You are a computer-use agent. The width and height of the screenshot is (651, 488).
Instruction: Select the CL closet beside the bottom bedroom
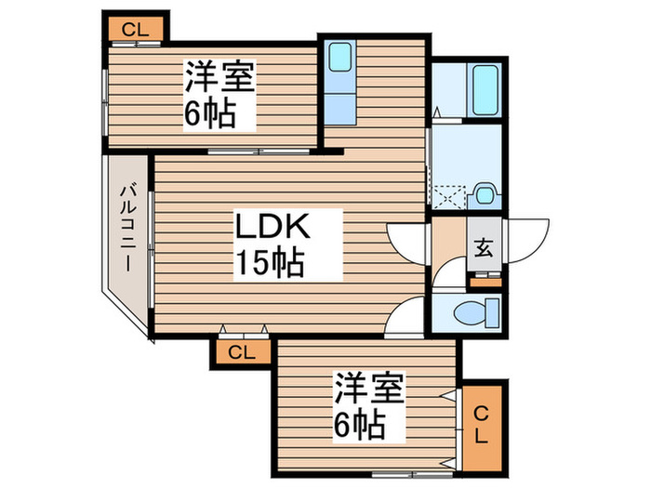point(483,424)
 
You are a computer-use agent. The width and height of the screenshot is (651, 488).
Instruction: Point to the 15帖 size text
point(269,264)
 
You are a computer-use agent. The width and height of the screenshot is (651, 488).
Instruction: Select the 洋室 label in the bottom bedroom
point(369,386)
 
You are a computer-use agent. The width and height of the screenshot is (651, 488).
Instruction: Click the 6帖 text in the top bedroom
point(209,115)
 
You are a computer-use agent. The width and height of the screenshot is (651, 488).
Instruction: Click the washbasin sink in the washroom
point(484,194)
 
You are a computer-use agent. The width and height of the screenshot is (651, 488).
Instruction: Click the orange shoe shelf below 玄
point(484,275)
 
